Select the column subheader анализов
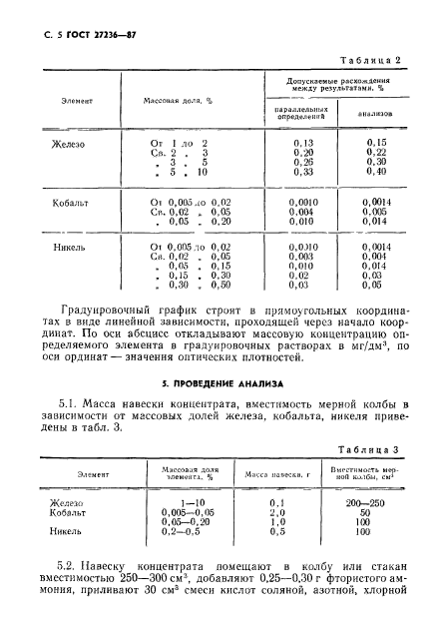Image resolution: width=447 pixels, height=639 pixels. click(x=374, y=113)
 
